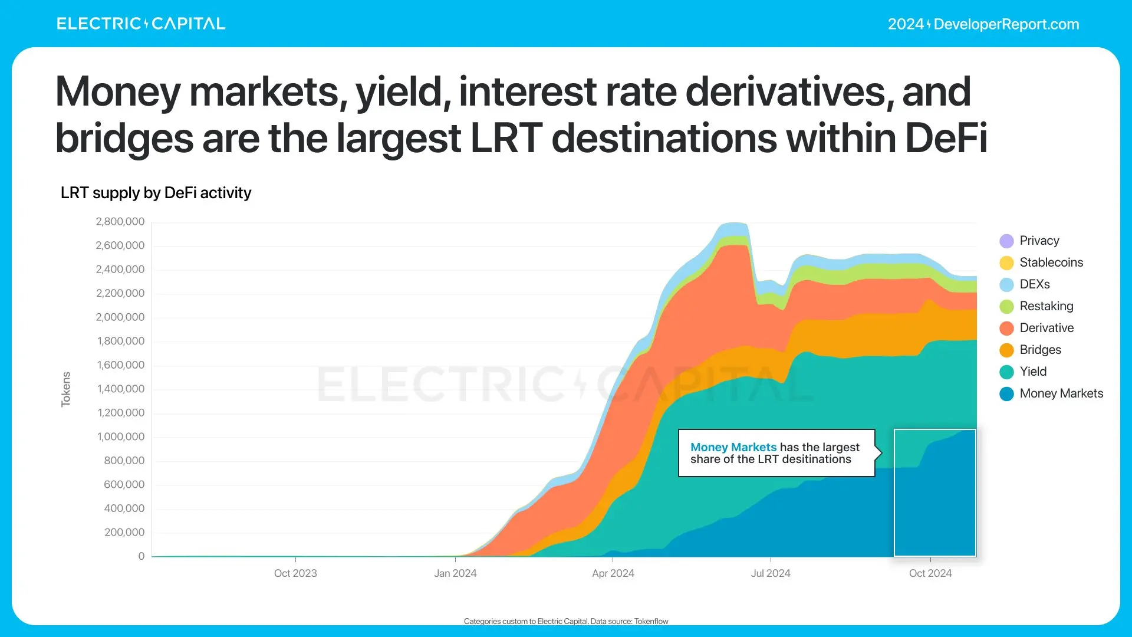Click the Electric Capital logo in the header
[141, 24]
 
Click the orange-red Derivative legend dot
[1006, 329]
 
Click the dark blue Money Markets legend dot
[1006, 394]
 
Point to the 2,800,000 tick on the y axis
[120, 222]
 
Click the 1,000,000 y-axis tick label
[121, 437]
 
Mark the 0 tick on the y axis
[141, 556]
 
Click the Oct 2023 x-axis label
[295, 573]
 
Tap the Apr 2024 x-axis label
[613, 573]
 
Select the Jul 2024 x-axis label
[771, 573]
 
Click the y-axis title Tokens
[66, 389]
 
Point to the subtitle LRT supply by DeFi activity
[156, 193]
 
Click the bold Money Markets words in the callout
[733, 447]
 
